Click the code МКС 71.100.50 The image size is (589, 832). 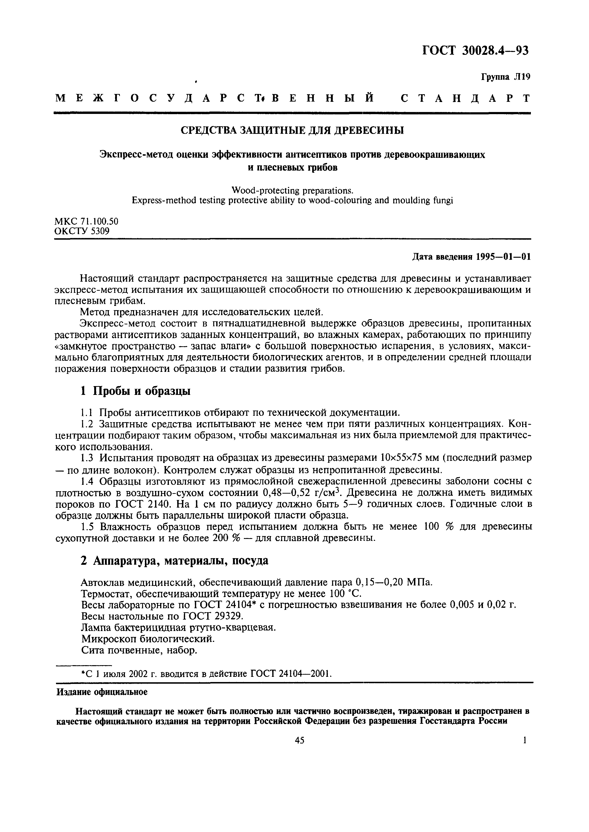pos(86,221)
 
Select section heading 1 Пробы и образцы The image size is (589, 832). pos(135,391)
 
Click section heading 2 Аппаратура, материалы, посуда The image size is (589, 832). pos(174,561)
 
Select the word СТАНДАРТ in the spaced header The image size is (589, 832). pos(465,98)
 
